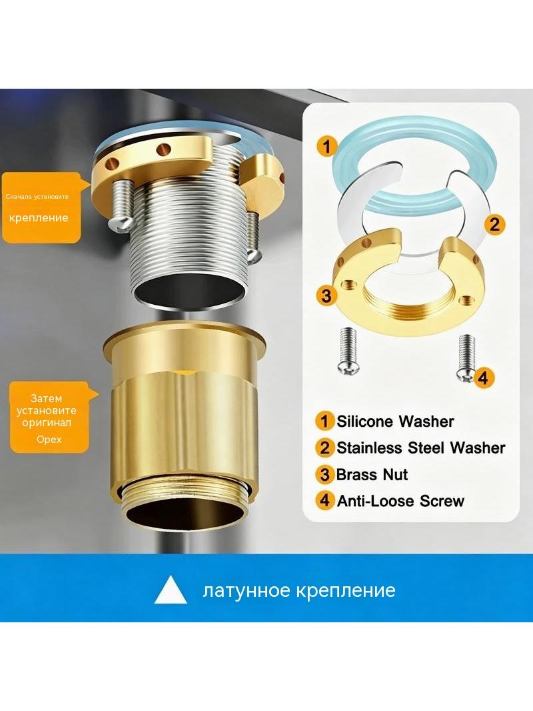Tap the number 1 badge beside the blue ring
click(x=327, y=147)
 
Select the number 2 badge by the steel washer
click(x=494, y=224)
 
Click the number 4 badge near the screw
click(x=483, y=378)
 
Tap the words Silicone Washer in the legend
click(x=395, y=422)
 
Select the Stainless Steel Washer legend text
click(x=420, y=448)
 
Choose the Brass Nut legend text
click(x=372, y=474)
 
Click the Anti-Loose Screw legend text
click(x=400, y=501)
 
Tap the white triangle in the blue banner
click(x=171, y=590)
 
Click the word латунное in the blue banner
click(x=246, y=591)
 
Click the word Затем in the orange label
click(x=46, y=399)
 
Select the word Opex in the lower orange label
click(x=49, y=440)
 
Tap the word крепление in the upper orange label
click(x=39, y=217)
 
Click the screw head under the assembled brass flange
click(x=119, y=223)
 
